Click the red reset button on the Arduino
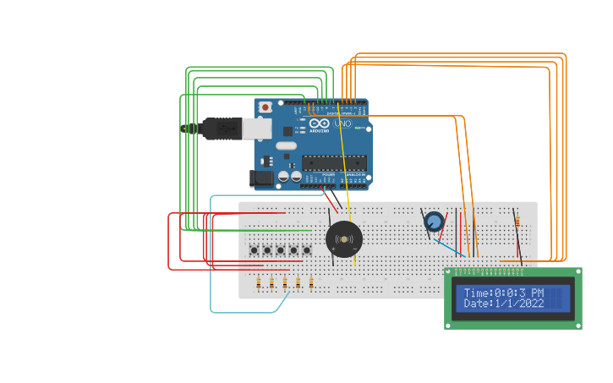coord(265,107)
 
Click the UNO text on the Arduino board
coord(342,124)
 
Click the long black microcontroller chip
coord(334,163)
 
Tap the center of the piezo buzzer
coord(344,240)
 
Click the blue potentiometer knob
coord(434,222)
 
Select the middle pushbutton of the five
coord(281,250)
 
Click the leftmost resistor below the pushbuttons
coord(259,283)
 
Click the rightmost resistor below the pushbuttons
coord(311,283)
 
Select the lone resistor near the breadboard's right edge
coord(517,222)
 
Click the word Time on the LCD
coord(477,293)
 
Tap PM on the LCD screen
coord(536,293)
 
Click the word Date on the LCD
coord(477,304)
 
